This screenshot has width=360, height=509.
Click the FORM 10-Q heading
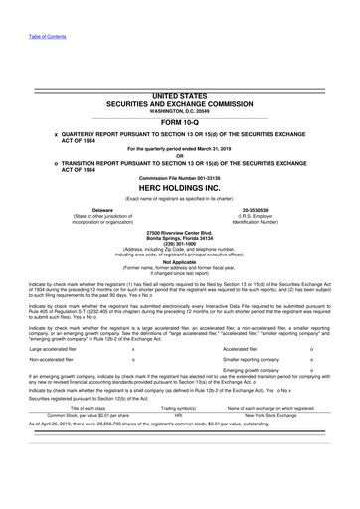pyautogui.click(x=179, y=124)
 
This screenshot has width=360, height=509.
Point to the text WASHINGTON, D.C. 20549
pyautogui.click(x=179, y=110)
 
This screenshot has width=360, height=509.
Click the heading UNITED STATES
pyautogui.click(x=179, y=92)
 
